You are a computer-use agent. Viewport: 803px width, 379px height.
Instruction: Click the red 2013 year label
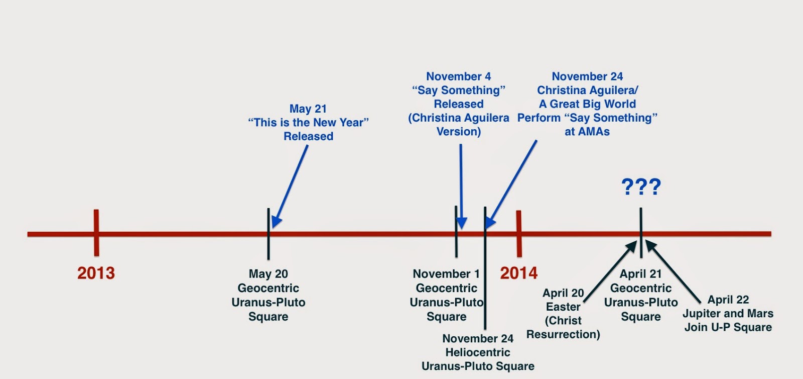point(96,273)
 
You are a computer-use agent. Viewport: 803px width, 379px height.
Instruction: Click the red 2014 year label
point(519,273)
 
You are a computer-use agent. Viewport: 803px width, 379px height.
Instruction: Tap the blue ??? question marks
point(641,186)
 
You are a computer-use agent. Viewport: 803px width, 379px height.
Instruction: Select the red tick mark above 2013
point(96,233)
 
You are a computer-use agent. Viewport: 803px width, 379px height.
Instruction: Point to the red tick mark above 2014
point(519,234)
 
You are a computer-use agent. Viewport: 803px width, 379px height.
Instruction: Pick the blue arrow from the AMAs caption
point(511,184)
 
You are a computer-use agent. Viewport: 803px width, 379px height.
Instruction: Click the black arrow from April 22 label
point(673,272)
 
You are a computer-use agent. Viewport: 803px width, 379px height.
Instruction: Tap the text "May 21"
point(308,109)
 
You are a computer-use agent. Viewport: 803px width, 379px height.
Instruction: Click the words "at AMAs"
point(587,132)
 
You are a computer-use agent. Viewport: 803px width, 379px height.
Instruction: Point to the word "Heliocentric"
point(478,352)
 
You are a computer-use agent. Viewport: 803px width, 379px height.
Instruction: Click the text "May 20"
point(268,274)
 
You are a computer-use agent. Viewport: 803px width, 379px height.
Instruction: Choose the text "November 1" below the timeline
point(446,274)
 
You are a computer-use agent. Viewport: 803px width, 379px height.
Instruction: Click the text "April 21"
point(640,274)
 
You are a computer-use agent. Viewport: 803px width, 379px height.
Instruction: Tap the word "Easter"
point(563,307)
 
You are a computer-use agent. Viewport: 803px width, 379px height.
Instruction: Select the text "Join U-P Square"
point(728,327)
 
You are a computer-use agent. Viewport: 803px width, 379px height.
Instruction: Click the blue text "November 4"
point(459,76)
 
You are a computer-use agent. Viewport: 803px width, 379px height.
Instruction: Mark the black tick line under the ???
point(641,233)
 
